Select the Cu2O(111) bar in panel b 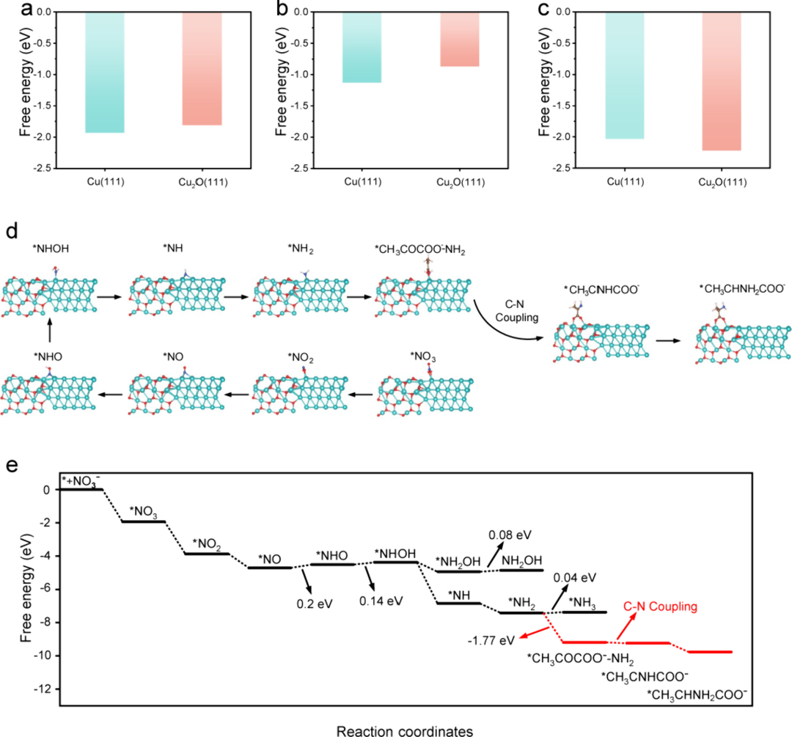click(460, 40)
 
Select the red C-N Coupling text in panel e click(659, 607)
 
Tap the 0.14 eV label click(381, 601)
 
